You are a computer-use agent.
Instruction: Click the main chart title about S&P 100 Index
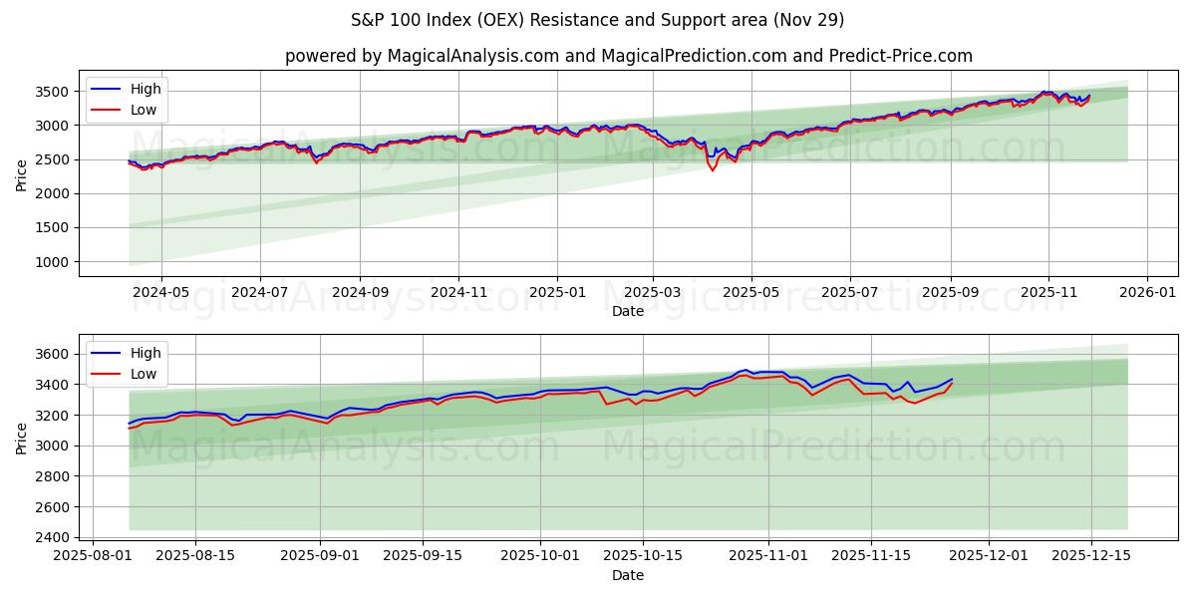click(597, 20)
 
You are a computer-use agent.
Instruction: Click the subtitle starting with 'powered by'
click(628, 56)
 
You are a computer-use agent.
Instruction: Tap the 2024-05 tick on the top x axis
click(160, 293)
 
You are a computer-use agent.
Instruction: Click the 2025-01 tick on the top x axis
click(556, 293)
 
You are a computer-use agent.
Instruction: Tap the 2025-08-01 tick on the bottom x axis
click(94, 556)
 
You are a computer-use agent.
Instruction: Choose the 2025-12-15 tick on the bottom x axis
click(1090, 556)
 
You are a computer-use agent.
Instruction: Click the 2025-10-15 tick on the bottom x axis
click(645, 556)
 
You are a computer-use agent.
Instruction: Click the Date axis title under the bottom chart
click(628, 575)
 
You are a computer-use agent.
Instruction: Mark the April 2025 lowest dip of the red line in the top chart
click(712, 170)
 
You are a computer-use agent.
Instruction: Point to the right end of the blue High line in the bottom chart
click(952, 379)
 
